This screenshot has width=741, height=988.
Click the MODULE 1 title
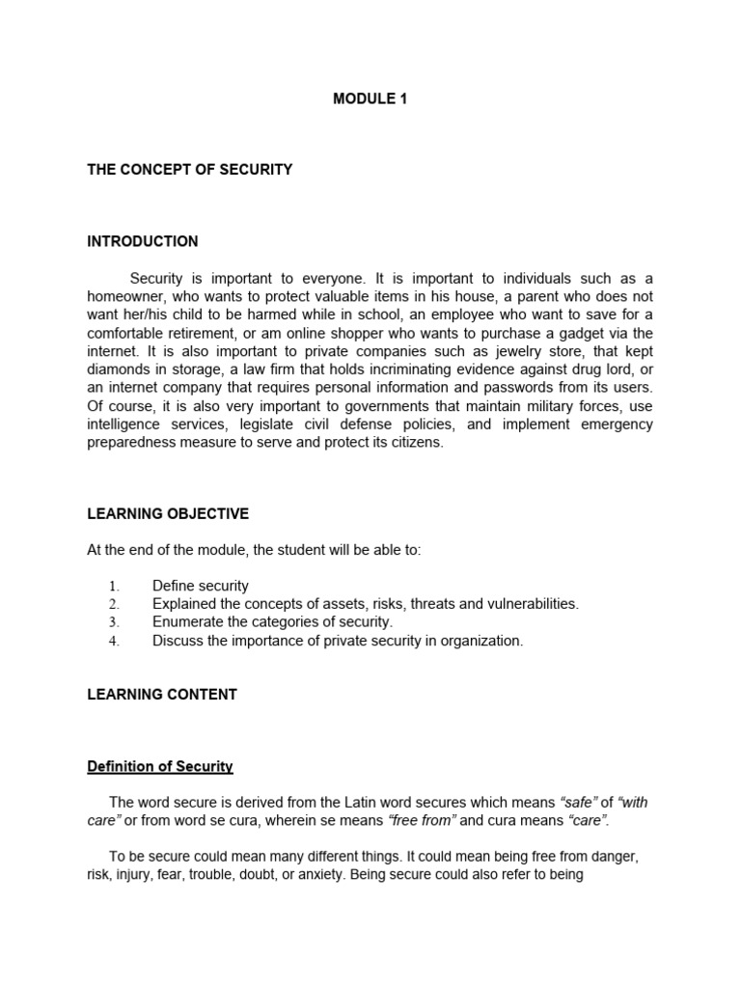(x=370, y=98)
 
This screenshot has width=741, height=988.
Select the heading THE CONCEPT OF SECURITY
(x=189, y=170)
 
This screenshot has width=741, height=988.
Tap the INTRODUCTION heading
(x=143, y=241)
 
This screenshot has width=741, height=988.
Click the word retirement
(x=200, y=334)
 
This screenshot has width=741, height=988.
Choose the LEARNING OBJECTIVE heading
(x=168, y=513)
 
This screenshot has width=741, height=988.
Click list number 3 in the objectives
(x=113, y=623)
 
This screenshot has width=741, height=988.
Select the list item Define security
(x=201, y=586)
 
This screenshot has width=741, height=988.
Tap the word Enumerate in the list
(x=186, y=622)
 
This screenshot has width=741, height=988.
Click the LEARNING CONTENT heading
(x=162, y=694)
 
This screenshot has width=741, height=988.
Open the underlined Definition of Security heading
(x=160, y=767)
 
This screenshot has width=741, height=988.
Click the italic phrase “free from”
(x=422, y=821)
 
